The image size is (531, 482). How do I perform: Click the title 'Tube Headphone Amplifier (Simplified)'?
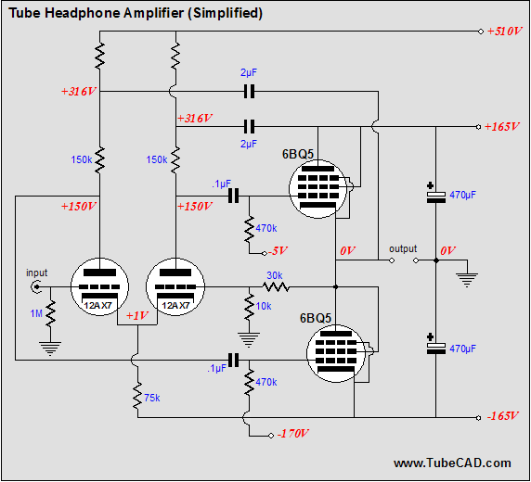coord(137,13)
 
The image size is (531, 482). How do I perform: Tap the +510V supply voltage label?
coord(503,31)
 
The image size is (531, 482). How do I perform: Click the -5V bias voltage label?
coord(278,249)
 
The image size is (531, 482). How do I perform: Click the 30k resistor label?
coord(275,274)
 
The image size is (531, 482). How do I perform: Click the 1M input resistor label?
coord(35,314)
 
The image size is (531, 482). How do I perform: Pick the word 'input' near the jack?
coord(36,273)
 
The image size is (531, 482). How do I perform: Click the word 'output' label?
coord(403,248)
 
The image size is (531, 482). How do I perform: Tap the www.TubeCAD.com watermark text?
coord(451,463)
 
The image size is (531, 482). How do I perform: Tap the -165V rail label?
coord(502,416)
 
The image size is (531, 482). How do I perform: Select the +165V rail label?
coord(502,126)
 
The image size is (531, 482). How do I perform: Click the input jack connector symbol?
coord(38,287)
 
